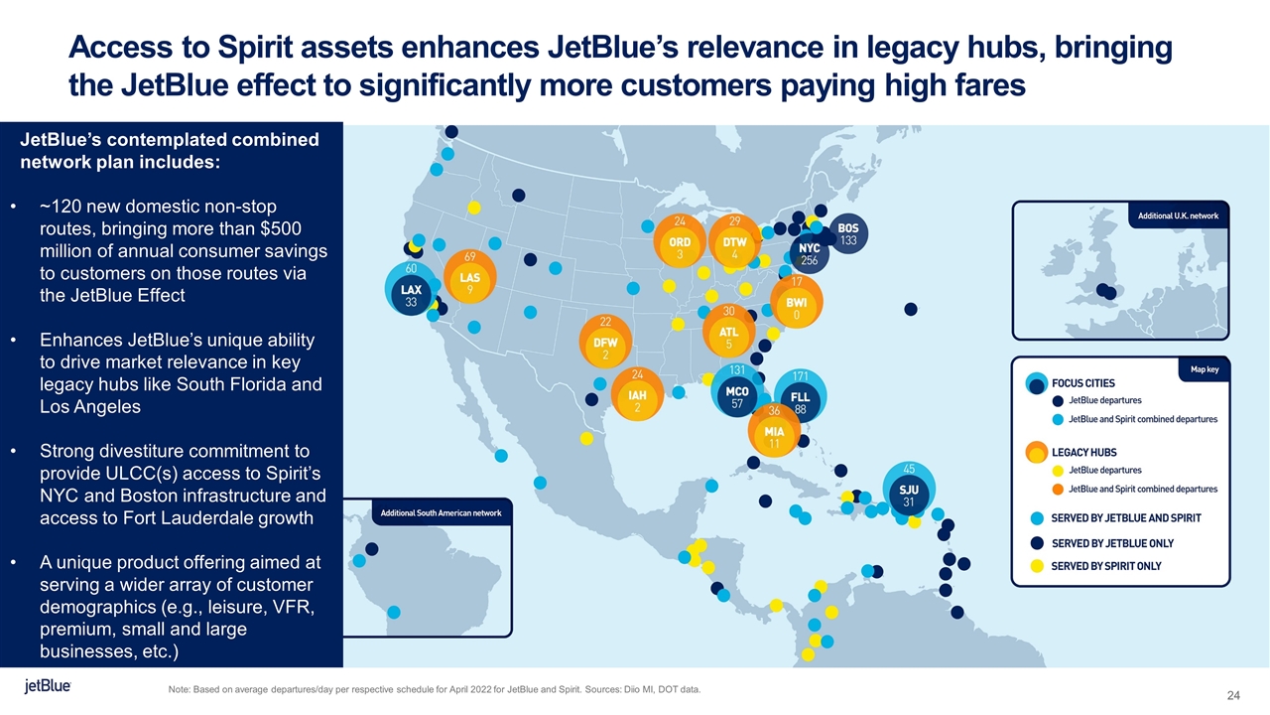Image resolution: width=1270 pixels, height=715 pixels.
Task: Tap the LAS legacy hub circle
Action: click(x=470, y=284)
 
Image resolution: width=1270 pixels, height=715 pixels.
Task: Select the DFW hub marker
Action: click(x=605, y=348)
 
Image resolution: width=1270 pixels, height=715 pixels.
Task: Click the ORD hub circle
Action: click(x=680, y=248)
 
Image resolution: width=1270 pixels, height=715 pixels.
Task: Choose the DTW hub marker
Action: click(x=734, y=248)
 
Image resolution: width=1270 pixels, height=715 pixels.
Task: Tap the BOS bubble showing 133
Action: click(x=848, y=234)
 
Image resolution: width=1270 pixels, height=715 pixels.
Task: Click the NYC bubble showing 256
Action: click(x=810, y=253)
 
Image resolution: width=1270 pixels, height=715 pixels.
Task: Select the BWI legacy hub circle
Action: click(x=796, y=308)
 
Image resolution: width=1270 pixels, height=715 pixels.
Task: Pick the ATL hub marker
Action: click(x=728, y=338)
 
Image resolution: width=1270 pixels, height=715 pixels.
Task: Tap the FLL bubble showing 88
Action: click(x=800, y=402)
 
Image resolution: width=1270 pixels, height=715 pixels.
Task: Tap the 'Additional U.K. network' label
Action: click(x=1177, y=215)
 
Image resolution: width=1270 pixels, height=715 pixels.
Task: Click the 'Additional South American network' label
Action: click(x=442, y=512)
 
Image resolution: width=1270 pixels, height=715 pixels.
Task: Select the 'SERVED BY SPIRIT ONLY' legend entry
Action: click(x=1105, y=566)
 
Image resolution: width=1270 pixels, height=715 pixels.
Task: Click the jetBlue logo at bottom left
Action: click(x=48, y=687)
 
